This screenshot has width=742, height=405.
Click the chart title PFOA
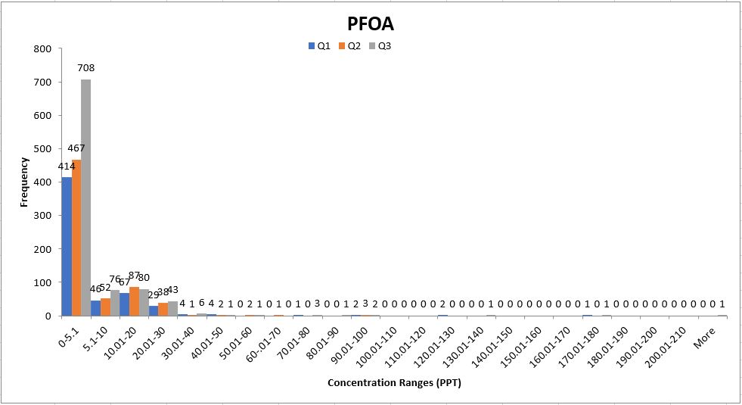click(371, 24)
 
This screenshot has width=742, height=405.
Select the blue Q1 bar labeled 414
click(67, 246)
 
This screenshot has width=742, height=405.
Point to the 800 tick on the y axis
click(43, 48)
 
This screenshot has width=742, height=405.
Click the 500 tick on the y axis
click(43, 149)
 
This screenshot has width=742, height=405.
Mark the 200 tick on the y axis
click(43, 249)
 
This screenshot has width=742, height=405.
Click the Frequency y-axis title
click(24, 182)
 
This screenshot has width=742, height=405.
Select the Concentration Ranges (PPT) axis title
click(394, 383)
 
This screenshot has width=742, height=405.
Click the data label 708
click(86, 67)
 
